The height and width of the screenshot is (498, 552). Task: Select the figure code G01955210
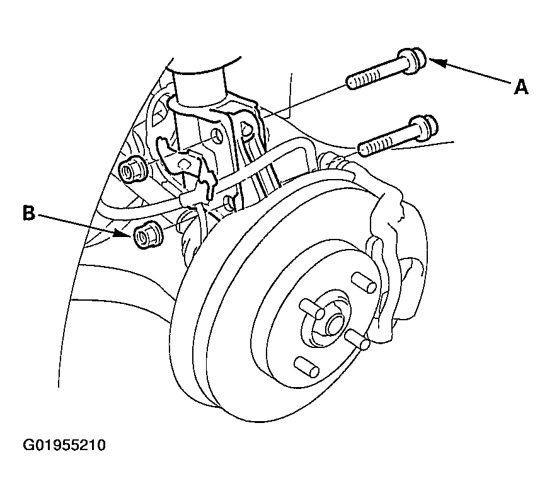[x=64, y=445]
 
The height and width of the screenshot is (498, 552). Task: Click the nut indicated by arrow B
[x=148, y=235]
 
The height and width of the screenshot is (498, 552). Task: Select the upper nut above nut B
[x=132, y=170]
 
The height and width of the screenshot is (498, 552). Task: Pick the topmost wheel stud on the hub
[x=364, y=282]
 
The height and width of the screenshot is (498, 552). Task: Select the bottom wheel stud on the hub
[x=307, y=367]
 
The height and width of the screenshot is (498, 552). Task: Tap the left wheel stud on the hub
[x=312, y=309]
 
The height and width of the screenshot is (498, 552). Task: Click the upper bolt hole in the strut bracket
[x=217, y=136]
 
